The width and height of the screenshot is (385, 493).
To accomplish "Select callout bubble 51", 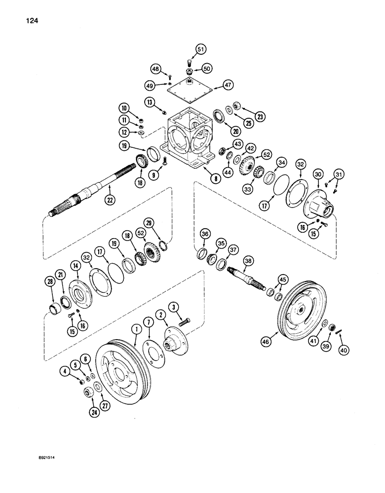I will (200, 49).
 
